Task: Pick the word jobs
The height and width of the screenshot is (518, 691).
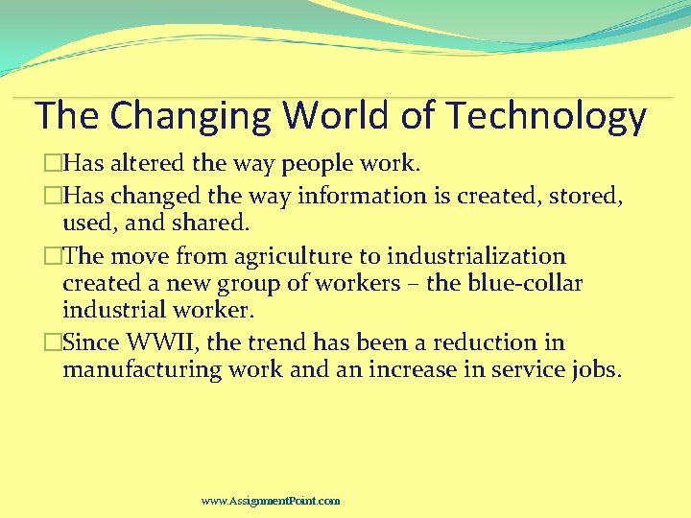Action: (596, 370)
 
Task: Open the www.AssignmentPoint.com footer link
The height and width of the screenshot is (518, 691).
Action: (271, 501)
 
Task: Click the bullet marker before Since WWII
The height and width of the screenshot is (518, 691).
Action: (56, 342)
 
